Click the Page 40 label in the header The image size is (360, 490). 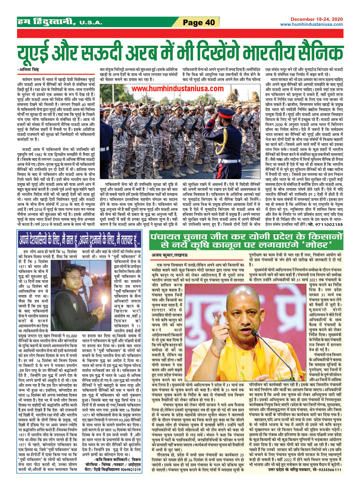(199, 22)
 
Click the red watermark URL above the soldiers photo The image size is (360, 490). (177, 89)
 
